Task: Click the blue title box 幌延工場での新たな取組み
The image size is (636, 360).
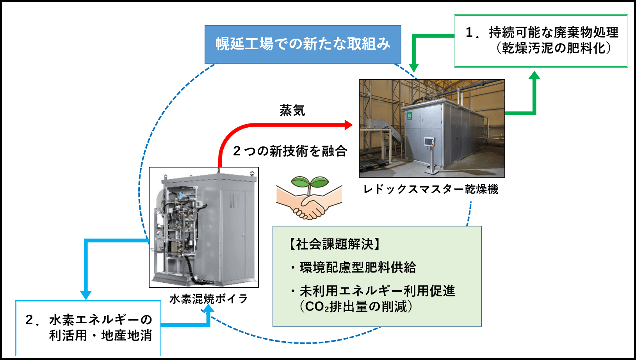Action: pyautogui.click(x=303, y=44)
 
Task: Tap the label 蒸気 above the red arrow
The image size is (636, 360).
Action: pyautogui.click(x=292, y=110)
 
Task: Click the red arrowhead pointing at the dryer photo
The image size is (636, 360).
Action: pyautogui.click(x=348, y=125)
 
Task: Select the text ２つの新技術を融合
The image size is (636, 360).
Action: pyautogui.click(x=290, y=151)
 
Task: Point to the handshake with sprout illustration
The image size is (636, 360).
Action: pyautogui.click(x=309, y=198)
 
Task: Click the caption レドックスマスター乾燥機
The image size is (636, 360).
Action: pyautogui.click(x=430, y=189)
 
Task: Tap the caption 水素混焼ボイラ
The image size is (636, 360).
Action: pyautogui.click(x=209, y=299)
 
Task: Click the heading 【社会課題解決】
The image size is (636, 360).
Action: pyautogui.click(x=334, y=244)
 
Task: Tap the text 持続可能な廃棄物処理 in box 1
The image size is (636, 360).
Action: pyautogui.click(x=554, y=32)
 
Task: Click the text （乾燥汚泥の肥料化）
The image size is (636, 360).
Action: pyautogui.click(x=554, y=48)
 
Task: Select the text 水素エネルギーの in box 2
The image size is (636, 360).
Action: pyautogui.click(x=100, y=320)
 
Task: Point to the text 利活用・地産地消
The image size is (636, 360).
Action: pyautogui.click(x=100, y=335)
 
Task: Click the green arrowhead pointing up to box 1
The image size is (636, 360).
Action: pyautogui.click(x=534, y=76)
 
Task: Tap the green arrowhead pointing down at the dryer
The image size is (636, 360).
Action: pyautogui.click(x=414, y=68)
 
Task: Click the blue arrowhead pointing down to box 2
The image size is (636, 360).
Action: pyautogui.click(x=86, y=295)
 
